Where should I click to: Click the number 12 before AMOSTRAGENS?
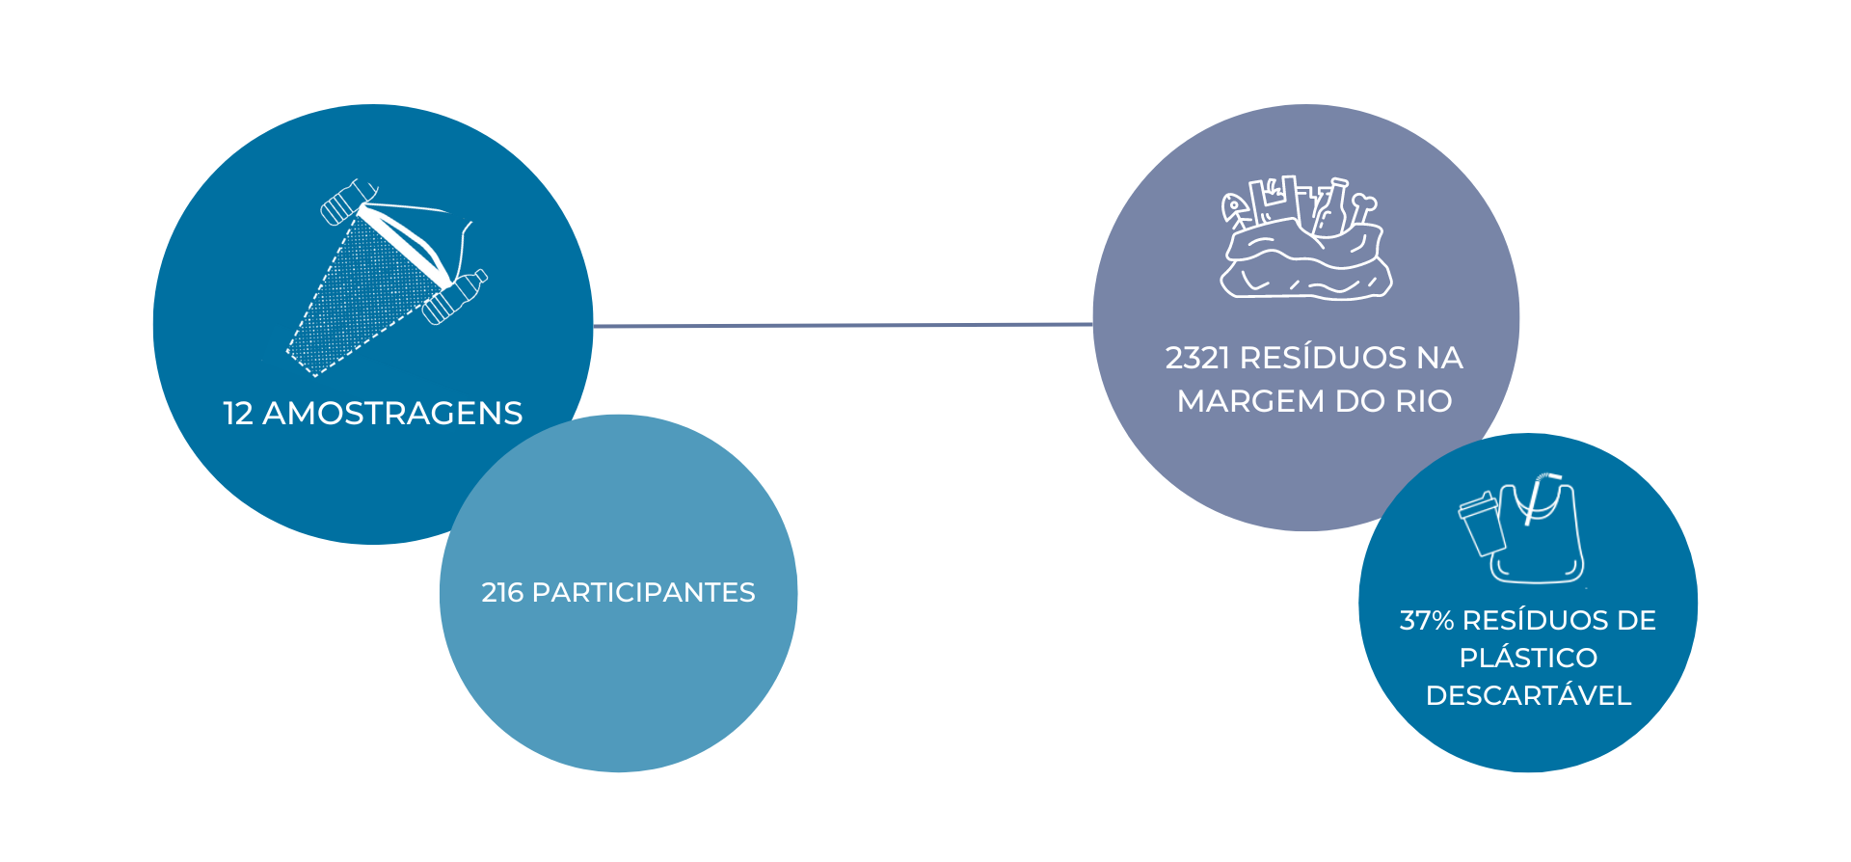click(x=238, y=414)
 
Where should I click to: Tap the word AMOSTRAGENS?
click(x=392, y=414)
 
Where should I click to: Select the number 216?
click(x=502, y=592)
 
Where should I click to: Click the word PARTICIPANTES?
click(x=643, y=592)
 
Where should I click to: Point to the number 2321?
click(x=1197, y=358)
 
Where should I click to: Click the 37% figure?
click(x=1427, y=620)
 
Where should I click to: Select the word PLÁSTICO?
click(x=1528, y=658)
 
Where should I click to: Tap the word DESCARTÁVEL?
click(x=1528, y=695)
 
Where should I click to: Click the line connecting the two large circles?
click(x=844, y=326)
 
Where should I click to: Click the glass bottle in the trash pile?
click(x=1331, y=207)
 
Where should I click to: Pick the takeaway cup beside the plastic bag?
click(x=1481, y=523)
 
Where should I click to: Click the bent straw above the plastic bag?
click(x=1541, y=498)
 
